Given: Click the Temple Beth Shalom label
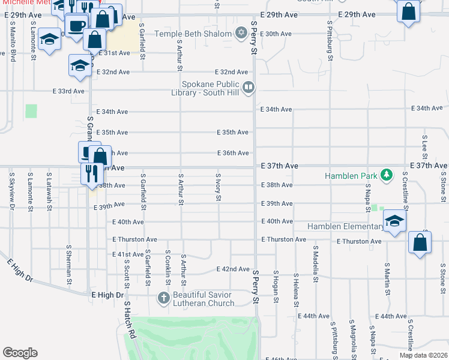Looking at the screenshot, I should (x=193, y=34).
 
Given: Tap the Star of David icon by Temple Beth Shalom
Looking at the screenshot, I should (x=241, y=33).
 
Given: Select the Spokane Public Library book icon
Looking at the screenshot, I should (x=247, y=89).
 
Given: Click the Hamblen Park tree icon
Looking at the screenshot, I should (x=387, y=175).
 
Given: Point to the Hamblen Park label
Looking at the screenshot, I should (x=351, y=176).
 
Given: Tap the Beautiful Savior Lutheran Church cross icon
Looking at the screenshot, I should (x=163, y=298).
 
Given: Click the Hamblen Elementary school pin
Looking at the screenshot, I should (x=394, y=222).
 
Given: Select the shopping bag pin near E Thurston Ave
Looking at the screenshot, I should (x=420, y=243).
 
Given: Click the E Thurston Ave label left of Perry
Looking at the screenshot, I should (x=134, y=239).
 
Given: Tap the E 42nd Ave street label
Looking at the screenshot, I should (x=233, y=269).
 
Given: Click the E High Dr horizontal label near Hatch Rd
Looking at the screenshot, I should (x=107, y=295).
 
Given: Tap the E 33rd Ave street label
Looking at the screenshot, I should (x=68, y=91).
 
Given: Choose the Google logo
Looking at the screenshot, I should (x=20, y=353).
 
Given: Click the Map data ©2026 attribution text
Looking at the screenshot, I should (x=423, y=355).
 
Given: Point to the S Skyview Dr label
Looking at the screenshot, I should (x=11, y=191).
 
